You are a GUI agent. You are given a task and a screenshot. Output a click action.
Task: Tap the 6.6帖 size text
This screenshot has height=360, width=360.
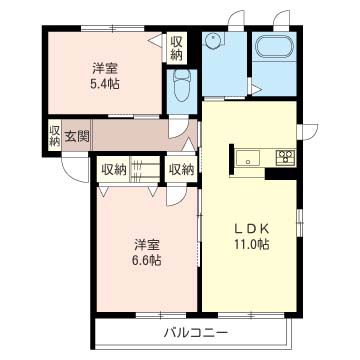(x=145, y=260)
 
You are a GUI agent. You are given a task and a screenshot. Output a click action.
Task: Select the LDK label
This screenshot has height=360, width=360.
(x=250, y=226)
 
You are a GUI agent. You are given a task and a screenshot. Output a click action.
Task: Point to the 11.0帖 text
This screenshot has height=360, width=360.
(x=250, y=244)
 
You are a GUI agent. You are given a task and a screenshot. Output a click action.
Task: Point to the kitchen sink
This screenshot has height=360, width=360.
(x=247, y=156)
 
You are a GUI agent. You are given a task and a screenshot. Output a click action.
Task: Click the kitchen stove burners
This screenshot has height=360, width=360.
(x=285, y=156)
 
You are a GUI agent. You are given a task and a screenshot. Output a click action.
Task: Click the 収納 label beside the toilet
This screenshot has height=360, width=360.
(x=176, y=47)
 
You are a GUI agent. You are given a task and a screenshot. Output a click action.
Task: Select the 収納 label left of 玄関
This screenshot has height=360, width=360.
(x=54, y=135)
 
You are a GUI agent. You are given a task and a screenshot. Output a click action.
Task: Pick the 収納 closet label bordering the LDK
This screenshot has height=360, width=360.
(x=181, y=169)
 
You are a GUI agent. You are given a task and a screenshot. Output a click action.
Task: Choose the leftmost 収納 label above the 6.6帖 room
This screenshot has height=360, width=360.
(x=113, y=169)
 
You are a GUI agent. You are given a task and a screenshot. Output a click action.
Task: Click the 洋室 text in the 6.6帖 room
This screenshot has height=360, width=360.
(x=145, y=243)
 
